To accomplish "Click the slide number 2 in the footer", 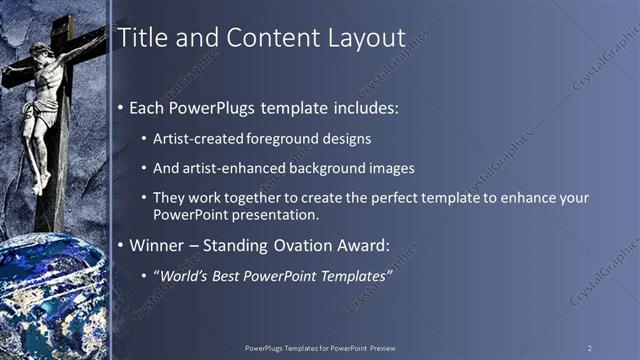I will (x=589, y=347).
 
